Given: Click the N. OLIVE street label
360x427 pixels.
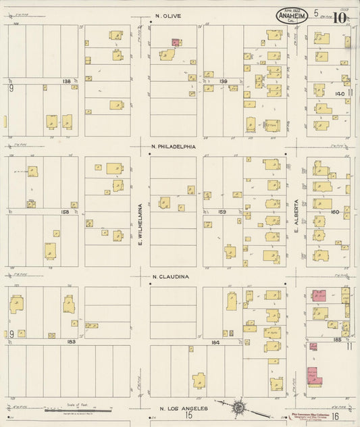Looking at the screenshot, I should pyautogui.click(x=168, y=16).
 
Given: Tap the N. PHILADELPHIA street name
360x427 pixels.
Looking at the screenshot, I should pyautogui.click(x=174, y=146).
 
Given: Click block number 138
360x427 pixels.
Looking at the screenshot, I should pyautogui.click(x=66, y=82).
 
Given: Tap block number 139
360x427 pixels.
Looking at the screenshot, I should pyautogui.click(x=224, y=81).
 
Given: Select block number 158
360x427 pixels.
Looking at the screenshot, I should pyautogui.click(x=65, y=211).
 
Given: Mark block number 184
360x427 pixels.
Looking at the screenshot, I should pyautogui.click(x=216, y=342).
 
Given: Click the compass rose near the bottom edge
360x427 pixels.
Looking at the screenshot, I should pyautogui.click(x=239, y=408).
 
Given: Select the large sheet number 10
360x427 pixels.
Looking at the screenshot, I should pyautogui.click(x=338, y=17).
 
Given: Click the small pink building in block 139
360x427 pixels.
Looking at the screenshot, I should pyautogui.click(x=176, y=42).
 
